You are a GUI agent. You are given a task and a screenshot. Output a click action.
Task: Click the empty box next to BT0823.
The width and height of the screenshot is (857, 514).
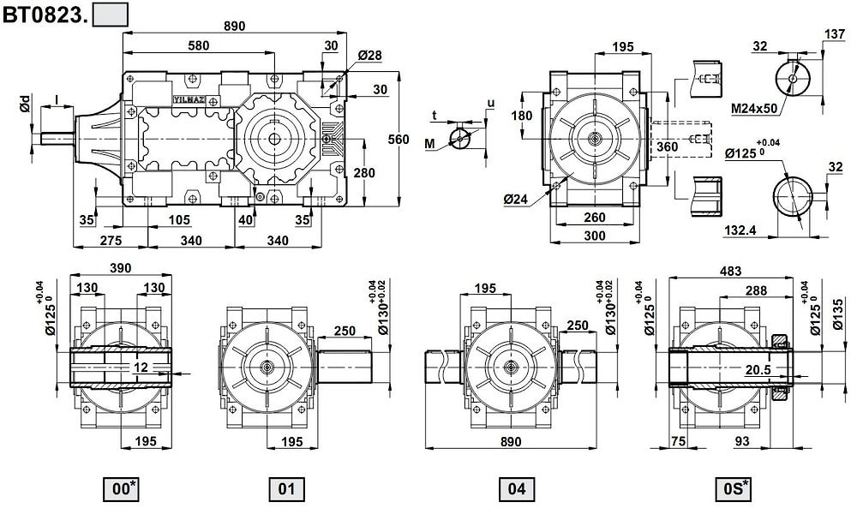tap(110, 13)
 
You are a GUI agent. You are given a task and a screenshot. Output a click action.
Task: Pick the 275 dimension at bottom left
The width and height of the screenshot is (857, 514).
tap(111, 241)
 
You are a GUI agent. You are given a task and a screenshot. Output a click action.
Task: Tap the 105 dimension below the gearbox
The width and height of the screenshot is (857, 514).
tap(179, 220)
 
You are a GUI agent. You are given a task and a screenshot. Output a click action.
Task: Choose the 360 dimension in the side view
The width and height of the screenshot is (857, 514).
tap(666, 146)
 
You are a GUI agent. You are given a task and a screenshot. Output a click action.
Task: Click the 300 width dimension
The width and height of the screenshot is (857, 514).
tap(593, 236)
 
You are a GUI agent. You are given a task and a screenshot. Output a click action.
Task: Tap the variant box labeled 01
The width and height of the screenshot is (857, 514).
tap(286, 489)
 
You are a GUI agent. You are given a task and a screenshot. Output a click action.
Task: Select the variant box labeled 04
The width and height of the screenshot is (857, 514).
tap(516, 489)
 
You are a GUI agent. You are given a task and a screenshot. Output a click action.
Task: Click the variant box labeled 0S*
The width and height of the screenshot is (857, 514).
tap(734, 489)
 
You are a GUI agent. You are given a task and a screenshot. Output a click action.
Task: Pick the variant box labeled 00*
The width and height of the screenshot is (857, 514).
tap(121, 489)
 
